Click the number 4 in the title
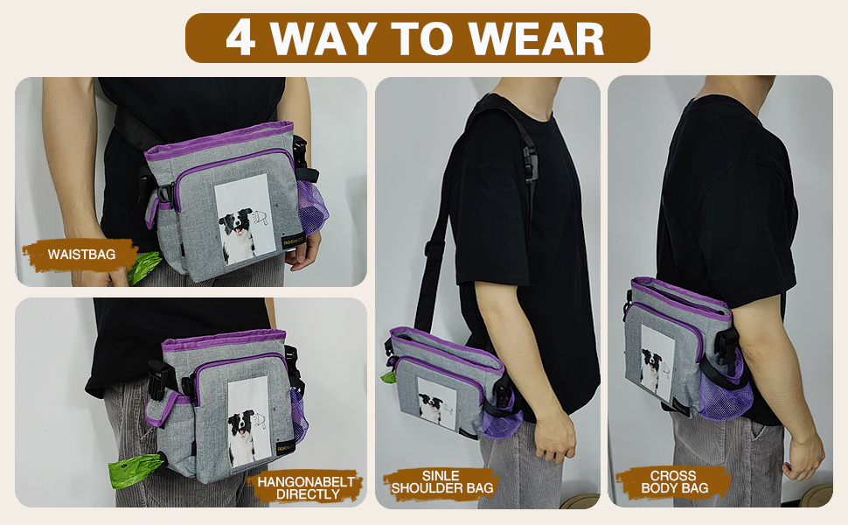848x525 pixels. click(x=240, y=38)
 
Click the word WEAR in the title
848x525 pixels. click(x=536, y=38)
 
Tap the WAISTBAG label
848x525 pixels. click(x=81, y=255)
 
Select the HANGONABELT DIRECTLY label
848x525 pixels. click(x=306, y=487)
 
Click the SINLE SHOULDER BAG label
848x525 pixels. click(x=441, y=482)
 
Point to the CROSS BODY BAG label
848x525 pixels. click(x=674, y=482)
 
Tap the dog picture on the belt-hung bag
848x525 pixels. click(x=249, y=421)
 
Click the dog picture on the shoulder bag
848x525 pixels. click(x=436, y=403)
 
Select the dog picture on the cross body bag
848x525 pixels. click(x=657, y=360)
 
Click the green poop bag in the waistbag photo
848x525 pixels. click(x=142, y=268)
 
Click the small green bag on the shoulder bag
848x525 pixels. click(x=388, y=376)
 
